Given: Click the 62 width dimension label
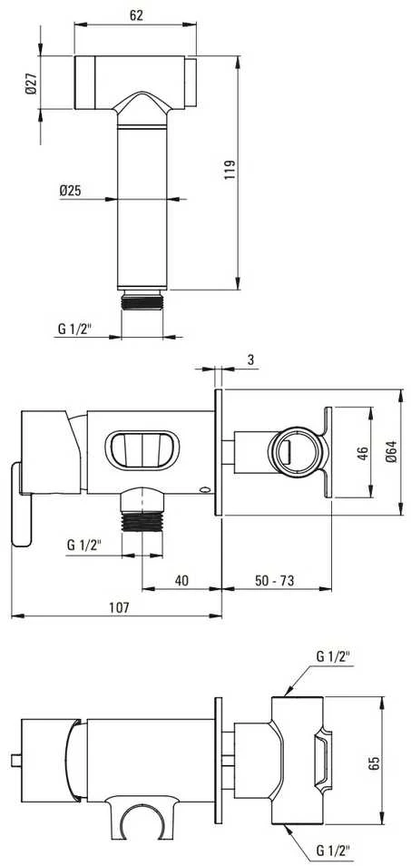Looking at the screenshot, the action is pos(136,15).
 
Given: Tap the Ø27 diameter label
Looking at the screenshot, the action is pos(31,83).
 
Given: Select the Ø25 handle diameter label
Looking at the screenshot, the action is pos(70,192).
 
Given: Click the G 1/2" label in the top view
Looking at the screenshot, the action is pos(74,329).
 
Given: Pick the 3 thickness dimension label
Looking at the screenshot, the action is pos(250,360).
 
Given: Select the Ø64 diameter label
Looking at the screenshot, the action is pos(391,452).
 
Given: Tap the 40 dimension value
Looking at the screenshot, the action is pos(181,580).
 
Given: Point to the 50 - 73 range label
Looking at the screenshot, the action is pos(274,580).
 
